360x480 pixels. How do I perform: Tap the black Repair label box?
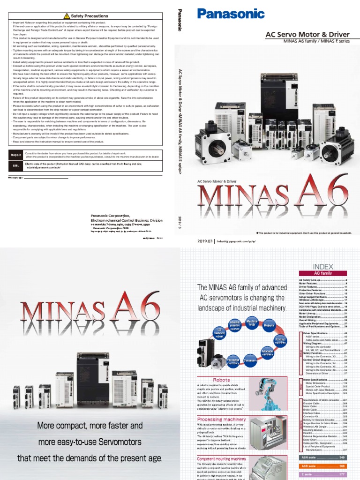click(15, 155)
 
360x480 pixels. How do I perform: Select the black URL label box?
click(15, 166)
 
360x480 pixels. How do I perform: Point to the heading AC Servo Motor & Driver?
click(307, 34)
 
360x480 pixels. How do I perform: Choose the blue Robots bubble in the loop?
click(269, 324)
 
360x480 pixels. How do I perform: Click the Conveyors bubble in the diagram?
click(250, 361)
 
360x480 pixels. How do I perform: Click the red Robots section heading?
click(222, 380)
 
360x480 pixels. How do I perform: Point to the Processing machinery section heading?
click(222, 419)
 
